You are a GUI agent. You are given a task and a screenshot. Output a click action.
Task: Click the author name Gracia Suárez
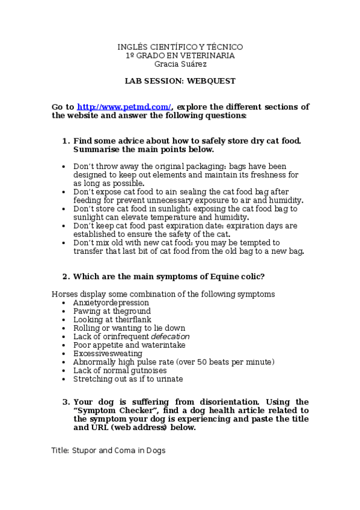point(180,64)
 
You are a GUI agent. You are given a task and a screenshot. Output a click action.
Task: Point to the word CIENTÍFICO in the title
point(169,47)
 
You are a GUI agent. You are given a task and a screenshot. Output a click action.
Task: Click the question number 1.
point(66,141)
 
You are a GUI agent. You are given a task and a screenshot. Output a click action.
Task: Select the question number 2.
point(66,277)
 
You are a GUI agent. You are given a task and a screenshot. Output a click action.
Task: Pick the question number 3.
point(66,402)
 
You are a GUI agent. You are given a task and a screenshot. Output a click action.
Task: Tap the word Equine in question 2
point(213,277)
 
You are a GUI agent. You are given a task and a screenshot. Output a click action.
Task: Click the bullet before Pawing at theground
point(64,312)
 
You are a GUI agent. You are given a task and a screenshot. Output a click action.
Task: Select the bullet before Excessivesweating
point(64,354)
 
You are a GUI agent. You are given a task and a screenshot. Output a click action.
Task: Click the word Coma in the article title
point(128,450)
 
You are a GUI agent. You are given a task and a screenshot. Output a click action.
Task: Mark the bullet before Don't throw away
point(64,166)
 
